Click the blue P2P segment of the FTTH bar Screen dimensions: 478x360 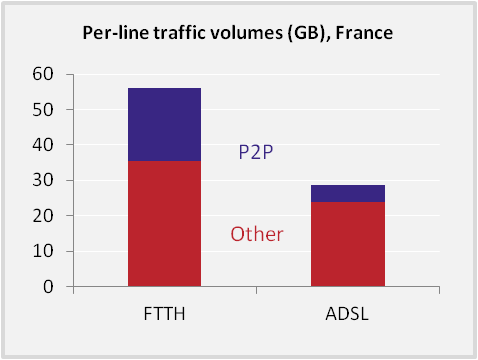[164, 125]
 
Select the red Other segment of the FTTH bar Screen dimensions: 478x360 [164, 224]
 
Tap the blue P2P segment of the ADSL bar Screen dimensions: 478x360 [348, 193]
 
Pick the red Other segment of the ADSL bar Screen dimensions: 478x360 [348, 244]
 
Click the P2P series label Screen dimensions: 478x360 [256, 152]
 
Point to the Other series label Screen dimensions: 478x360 [257, 234]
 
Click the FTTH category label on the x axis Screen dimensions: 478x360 [164, 314]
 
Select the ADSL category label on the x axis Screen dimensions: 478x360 [347, 314]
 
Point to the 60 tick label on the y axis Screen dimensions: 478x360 [43, 74]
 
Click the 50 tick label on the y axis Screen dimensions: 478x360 [43, 109]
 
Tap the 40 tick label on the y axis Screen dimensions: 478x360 [43, 145]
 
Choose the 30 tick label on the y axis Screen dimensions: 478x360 [43, 180]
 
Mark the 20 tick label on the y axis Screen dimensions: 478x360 [43, 216]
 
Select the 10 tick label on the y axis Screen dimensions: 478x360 [43, 251]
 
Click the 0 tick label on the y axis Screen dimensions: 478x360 [48, 286]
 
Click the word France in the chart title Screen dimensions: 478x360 [364, 33]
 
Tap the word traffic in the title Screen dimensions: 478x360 [175, 33]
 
